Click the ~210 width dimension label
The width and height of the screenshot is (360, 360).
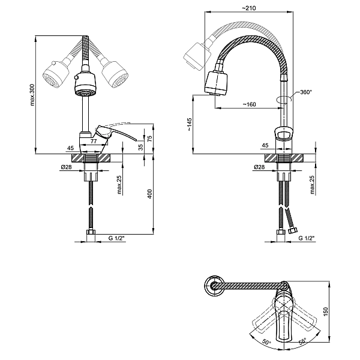tap(249, 8)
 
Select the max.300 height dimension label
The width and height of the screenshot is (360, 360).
tap(32, 95)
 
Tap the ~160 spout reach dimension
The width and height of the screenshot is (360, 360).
tap(249, 104)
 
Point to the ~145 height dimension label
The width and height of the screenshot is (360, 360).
tap(190, 124)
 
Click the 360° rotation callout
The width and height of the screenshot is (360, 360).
tap(306, 92)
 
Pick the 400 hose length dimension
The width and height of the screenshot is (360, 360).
tap(149, 194)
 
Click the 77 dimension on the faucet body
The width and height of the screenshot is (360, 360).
tap(94, 141)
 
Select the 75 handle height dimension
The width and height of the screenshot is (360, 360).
tap(149, 139)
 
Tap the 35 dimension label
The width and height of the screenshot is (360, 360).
tap(141, 147)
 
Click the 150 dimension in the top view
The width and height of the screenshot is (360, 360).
tap(326, 311)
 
